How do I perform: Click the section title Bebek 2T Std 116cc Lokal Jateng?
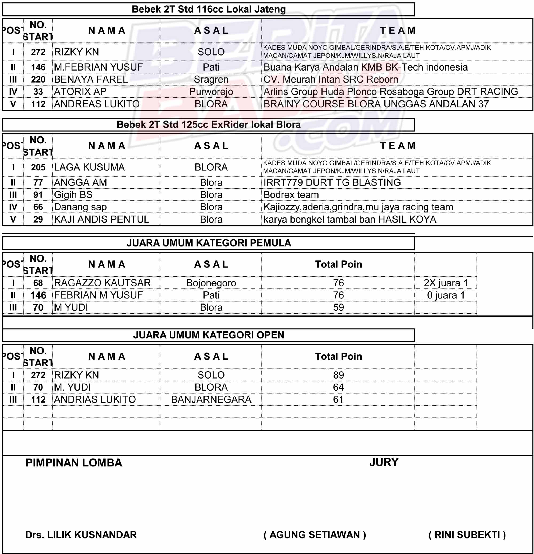pos(209,9)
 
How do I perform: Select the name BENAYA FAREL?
pos(91,79)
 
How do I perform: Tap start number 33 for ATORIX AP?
pos(38,92)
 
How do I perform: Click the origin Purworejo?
pos(211,92)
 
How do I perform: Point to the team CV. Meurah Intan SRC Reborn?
pos(331,79)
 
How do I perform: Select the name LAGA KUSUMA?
pos(89,167)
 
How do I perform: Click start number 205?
pos(38,167)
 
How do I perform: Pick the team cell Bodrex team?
pos(291,195)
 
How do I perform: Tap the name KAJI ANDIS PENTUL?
pos(101,219)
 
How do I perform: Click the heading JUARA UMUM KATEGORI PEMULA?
pos(209,243)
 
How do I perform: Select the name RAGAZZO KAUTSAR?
pos(102,283)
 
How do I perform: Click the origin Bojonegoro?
pos(211,283)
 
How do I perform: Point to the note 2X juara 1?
pos(446,283)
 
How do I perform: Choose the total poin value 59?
pos(338,307)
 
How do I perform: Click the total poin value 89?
pos(338,375)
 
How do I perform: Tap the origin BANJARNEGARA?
pos(211,400)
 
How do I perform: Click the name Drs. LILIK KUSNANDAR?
pos(81,535)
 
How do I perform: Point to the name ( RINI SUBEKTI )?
pos(467,535)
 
